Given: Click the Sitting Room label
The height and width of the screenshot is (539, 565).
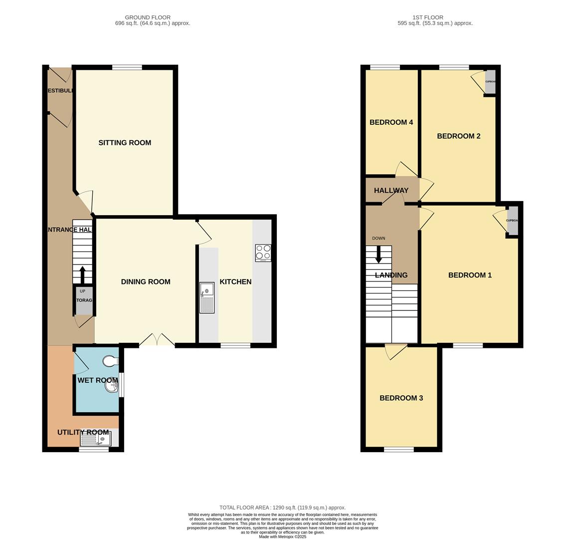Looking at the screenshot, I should point(125,143).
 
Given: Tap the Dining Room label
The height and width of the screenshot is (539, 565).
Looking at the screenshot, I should point(146,282).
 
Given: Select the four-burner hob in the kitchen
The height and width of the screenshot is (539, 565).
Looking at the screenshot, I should point(263,253).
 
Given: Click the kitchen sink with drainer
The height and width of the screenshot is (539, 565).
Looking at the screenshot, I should point(207,297).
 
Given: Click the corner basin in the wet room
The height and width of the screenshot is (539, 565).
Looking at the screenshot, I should point(112,388).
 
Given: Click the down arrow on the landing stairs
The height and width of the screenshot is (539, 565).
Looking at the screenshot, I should point(378,256).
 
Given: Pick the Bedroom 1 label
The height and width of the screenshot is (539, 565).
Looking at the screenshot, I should point(470,275).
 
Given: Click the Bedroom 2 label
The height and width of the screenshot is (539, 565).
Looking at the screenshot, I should point(458,136).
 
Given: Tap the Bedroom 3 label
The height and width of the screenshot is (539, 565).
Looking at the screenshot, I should point(401,398).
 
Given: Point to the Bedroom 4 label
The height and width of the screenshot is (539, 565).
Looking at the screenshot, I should point(391,122).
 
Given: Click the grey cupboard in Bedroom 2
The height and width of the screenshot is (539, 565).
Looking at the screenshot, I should point(490,82).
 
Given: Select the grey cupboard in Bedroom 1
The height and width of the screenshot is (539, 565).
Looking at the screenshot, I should point(512,222).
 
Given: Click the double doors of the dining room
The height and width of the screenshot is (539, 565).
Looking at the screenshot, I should point(157,341).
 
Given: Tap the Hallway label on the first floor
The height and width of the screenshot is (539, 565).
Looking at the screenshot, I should point(391,191).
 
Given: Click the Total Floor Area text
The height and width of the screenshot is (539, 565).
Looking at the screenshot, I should point(282,508).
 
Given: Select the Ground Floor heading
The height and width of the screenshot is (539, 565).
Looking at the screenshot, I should point(148,17).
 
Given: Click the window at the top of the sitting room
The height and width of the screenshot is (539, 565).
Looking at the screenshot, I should point(127,67).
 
